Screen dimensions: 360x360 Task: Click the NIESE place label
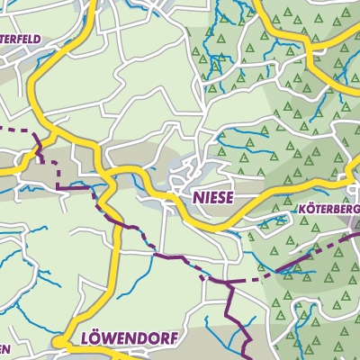click(213, 195)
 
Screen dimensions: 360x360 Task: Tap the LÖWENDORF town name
click(130, 339)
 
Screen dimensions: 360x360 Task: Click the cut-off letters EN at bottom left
click(5, 351)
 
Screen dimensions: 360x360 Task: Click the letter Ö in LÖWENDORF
click(97, 338)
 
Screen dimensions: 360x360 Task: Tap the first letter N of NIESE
click(197, 195)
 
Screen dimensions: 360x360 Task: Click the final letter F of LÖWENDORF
click(175, 339)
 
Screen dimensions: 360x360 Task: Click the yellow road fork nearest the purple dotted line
click(54, 135)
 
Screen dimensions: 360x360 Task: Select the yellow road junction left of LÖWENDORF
click(61, 343)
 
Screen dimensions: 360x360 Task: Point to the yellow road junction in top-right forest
click(310, 59)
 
